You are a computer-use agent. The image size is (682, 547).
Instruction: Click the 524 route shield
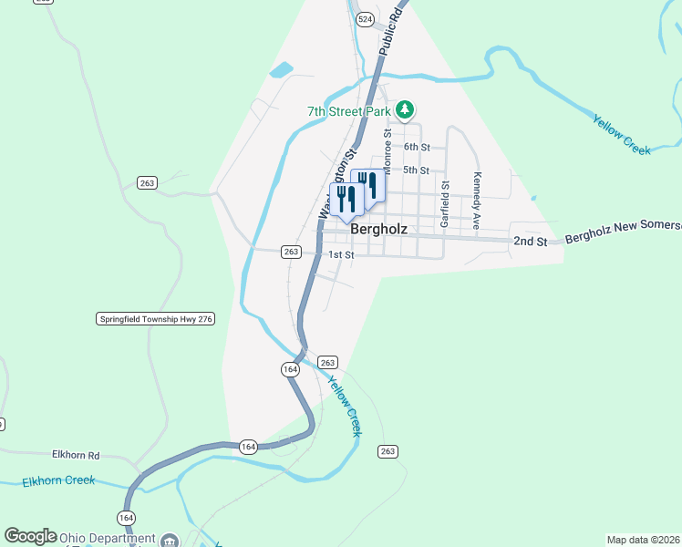(366, 18)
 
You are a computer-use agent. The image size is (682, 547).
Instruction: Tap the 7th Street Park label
(349, 112)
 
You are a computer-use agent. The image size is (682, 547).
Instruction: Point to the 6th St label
(417, 147)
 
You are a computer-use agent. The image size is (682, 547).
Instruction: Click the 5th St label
(417, 170)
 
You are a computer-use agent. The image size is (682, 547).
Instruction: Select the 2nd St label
(530, 241)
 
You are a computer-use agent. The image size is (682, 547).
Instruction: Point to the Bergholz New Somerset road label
(623, 232)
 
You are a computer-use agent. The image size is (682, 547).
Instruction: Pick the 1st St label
(341, 255)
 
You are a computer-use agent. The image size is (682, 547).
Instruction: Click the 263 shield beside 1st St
(291, 252)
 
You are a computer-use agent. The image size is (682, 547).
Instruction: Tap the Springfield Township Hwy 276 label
(155, 318)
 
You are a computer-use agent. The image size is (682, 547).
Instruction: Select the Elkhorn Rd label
(76, 453)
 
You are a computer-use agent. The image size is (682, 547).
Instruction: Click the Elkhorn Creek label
(59, 480)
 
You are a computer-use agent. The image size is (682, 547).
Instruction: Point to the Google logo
(31, 536)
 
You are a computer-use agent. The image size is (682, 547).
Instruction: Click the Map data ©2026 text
(644, 540)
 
